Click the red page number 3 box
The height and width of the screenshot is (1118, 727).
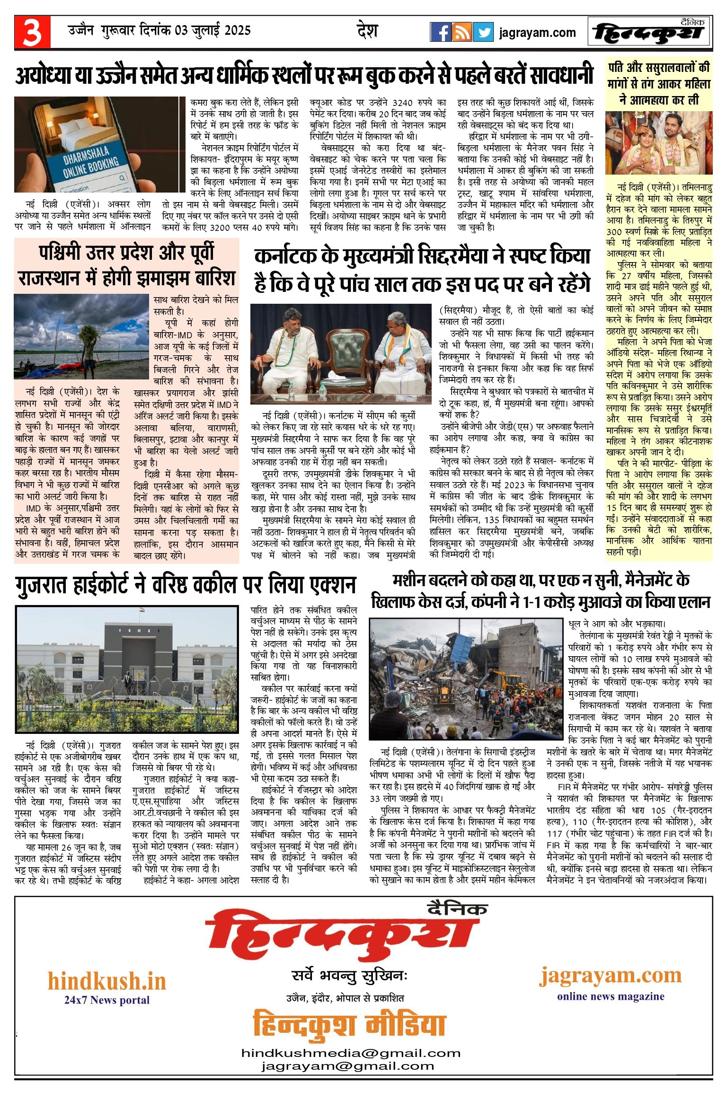coord(32,32)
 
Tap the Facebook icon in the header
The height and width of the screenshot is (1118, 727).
coord(440,32)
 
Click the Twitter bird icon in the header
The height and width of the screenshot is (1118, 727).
coord(483,32)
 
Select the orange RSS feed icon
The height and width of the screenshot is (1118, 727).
coord(462,32)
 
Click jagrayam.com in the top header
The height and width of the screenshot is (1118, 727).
coord(537,33)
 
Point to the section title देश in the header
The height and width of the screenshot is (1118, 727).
coord(367,31)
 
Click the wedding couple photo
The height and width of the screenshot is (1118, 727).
coord(659,143)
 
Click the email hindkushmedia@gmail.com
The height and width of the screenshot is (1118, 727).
coord(351,1053)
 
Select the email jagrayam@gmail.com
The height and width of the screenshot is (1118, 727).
coord(347,1066)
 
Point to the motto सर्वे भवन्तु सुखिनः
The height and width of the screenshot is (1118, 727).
coord(349,976)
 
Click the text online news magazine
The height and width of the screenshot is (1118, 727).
coord(611,996)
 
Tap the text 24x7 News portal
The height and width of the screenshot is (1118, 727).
coord(107,1000)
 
